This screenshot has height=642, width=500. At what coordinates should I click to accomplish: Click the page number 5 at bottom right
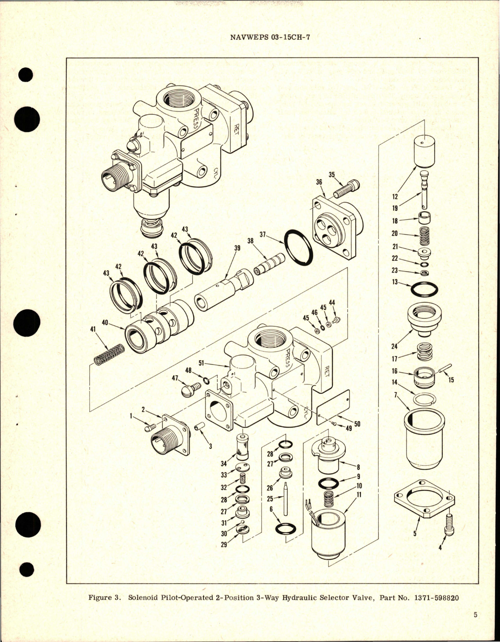click(475, 626)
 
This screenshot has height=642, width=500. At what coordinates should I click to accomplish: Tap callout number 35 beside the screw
click(332, 175)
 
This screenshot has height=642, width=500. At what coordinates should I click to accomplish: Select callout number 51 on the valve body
click(201, 363)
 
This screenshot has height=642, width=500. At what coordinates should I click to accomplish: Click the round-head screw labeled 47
click(190, 389)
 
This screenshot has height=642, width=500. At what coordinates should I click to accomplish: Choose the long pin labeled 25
click(286, 499)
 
